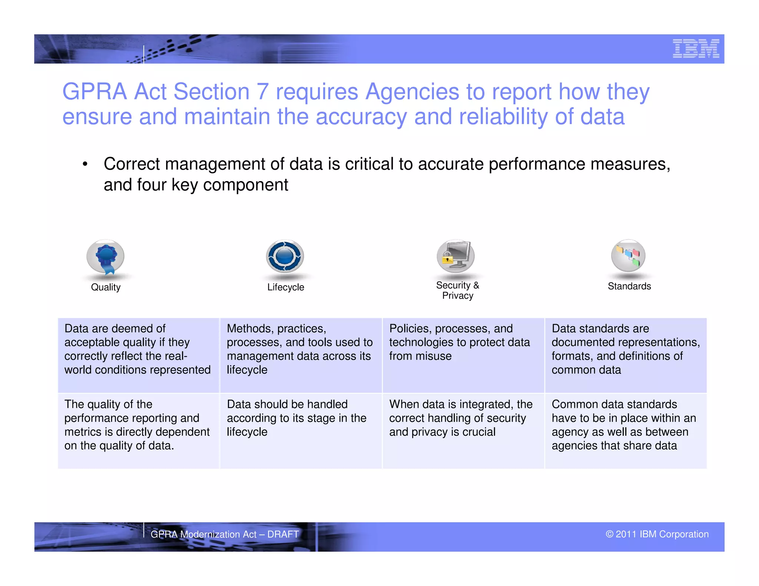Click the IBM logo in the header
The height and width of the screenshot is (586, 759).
(x=696, y=49)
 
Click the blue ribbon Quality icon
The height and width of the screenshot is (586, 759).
(x=106, y=257)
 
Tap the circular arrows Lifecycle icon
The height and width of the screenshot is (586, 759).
(x=285, y=256)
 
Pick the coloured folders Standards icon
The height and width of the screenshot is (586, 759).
(x=628, y=256)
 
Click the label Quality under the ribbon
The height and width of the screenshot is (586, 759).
(x=106, y=287)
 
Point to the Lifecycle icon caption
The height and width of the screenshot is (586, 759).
(x=285, y=287)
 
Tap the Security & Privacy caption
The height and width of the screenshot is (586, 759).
(x=458, y=290)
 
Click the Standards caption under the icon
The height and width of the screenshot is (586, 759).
(x=629, y=286)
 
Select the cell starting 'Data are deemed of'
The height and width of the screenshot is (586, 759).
(x=138, y=355)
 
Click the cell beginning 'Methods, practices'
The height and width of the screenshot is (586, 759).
(x=301, y=355)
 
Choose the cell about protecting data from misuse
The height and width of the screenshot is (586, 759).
(x=463, y=355)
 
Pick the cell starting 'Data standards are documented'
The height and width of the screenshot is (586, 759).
(x=626, y=355)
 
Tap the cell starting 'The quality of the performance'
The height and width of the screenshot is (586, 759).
(x=138, y=430)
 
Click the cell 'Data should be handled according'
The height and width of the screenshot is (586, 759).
(x=301, y=430)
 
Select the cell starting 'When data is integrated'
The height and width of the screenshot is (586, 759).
(x=463, y=430)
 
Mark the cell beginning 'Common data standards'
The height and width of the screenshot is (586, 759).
(x=626, y=430)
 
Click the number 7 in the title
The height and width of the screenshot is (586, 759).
(x=262, y=91)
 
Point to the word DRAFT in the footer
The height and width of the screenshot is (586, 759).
(x=283, y=534)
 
